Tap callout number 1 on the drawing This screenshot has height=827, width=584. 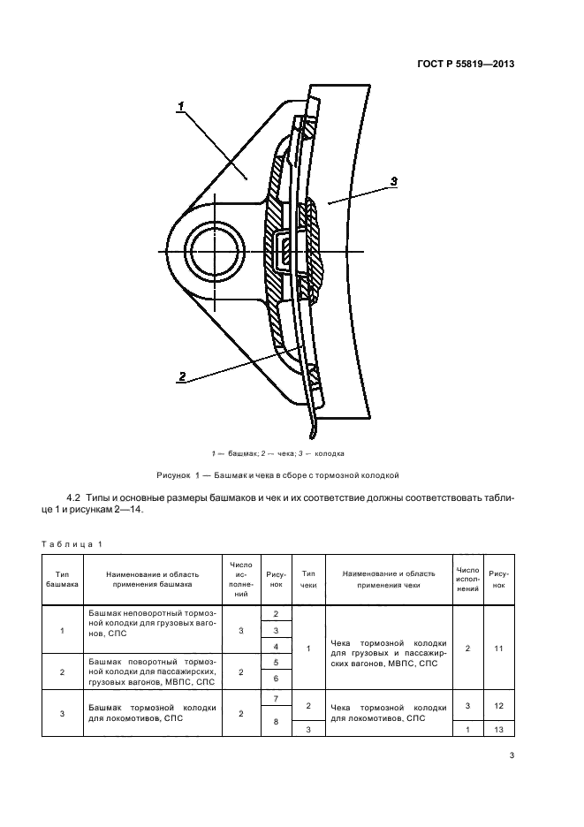coord(180,107)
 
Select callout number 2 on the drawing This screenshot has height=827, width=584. coord(181,376)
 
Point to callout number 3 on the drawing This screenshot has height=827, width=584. coord(393,181)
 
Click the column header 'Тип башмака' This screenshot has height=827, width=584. coord(61,580)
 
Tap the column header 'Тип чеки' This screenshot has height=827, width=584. coord(308,580)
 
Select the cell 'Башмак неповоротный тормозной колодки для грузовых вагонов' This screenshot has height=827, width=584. coord(154,622)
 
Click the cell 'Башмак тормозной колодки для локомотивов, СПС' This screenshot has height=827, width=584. coord(154,712)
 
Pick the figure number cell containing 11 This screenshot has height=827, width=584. coord(498,649)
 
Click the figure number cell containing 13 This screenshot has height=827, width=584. coord(498,729)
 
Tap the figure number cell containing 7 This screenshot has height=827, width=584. coord(277,699)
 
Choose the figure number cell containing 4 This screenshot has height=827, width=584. coord(277,647)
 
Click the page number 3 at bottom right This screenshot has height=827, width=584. coord(512,755)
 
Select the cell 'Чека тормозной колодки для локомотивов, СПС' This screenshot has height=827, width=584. coord(388,712)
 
